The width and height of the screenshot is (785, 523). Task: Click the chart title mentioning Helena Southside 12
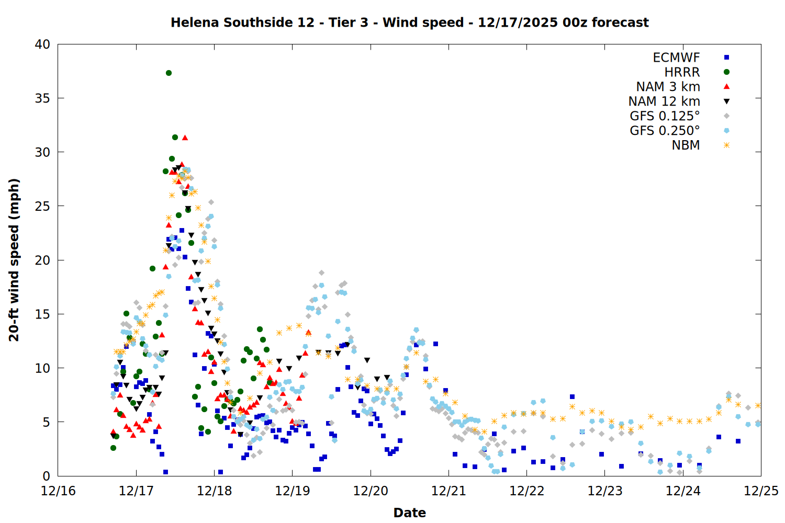coord(409,22)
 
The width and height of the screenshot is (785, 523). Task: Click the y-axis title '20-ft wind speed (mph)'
coord(14,260)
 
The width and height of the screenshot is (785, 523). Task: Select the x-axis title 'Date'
coord(409,513)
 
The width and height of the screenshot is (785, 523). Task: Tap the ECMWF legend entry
coord(676,58)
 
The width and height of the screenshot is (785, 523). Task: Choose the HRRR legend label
coord(682,72)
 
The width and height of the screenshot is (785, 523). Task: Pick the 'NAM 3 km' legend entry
coord(668,87)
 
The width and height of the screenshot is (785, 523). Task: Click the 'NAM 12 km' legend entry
coord(664,101)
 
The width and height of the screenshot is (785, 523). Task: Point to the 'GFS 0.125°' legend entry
coord(665,116)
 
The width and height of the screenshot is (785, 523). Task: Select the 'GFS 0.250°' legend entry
coord(665,131)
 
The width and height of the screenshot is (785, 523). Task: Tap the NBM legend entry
coord(686,145)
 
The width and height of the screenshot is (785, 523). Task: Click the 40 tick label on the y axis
coord(42,44)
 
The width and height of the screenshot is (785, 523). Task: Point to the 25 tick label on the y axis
coord(42,206)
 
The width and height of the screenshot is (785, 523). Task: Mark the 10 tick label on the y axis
coord(42,368)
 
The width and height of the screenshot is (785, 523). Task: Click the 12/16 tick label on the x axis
coord(58,491)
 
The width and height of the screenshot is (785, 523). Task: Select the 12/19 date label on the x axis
coord(292,491)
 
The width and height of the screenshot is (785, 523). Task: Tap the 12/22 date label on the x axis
coord(526,491)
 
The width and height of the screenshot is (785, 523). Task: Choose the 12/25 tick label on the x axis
coord(761,491)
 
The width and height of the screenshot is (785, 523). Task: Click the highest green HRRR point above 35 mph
coord(169,73)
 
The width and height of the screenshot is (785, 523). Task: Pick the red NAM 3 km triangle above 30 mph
coord(185,138)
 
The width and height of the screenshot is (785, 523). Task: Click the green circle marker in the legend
coord(726,72)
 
